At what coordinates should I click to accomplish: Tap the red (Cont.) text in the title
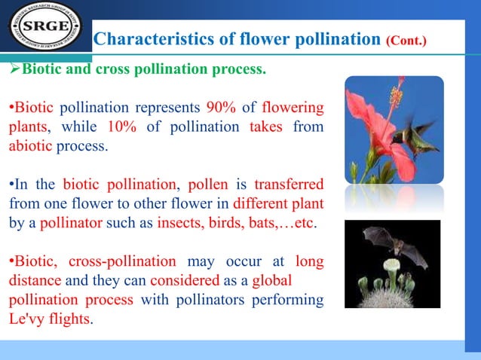406,38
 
